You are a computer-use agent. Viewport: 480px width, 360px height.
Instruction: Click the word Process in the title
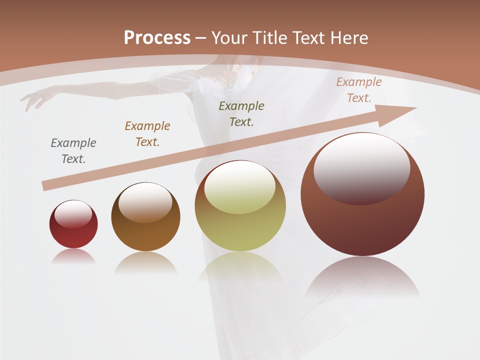[157, 37]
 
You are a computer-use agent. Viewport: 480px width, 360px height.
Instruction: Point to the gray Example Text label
[73, 150]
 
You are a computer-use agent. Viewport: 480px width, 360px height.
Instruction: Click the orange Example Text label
[147, 133]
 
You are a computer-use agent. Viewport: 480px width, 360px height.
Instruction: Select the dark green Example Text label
[241, 113]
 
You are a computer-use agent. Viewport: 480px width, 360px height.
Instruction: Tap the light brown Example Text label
[359, 90]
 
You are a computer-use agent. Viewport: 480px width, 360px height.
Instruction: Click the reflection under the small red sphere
[73, 256]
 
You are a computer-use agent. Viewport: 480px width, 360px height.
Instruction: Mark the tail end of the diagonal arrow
[46, 186]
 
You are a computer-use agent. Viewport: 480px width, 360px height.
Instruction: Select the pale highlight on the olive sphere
[240, 187]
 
